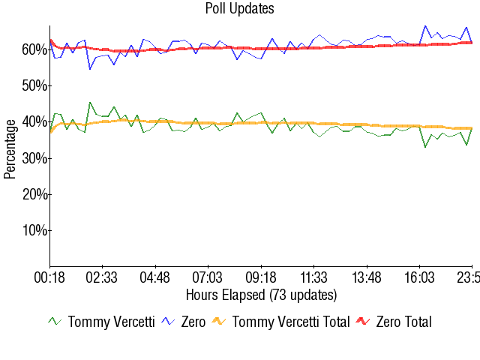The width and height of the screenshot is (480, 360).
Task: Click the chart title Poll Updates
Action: click(x=239, y=9)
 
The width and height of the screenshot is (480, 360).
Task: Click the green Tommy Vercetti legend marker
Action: click(x=55, y=322)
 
